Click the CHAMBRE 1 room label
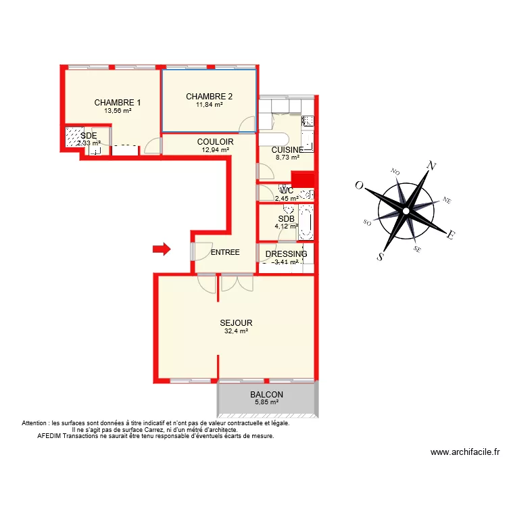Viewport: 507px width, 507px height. click(118, 103)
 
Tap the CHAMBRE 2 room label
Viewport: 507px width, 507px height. click(209, 97)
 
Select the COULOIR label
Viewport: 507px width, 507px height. click(215, 141)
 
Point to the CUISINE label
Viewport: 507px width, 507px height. click(287, 149)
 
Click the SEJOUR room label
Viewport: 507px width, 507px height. click(236, 323)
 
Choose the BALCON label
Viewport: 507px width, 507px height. click(266, 395)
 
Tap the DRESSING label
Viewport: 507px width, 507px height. click(286, 254)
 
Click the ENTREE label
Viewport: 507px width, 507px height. click(225, 252)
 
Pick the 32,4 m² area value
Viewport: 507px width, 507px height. click(236, 332)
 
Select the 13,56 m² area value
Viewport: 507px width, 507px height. click(118, 111)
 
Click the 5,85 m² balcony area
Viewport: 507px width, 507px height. click(266, 402)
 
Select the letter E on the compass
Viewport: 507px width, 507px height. click(450, 235)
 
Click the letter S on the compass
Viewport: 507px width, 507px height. click(381, 256)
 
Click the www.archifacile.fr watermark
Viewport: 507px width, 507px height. click(464, 453)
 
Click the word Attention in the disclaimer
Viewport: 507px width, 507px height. click(36, 423)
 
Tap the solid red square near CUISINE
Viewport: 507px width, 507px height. click(303, 179)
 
